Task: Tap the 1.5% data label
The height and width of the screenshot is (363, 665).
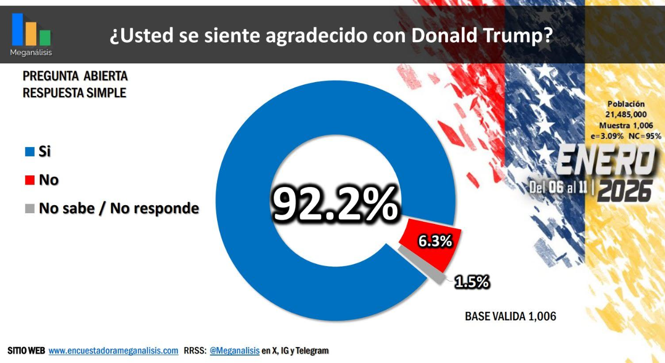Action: (471, 282)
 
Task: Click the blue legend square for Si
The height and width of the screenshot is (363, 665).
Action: (30, 152)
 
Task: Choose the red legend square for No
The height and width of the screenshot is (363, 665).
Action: (30, 180)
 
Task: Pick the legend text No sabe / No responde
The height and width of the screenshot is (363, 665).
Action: (119, 208)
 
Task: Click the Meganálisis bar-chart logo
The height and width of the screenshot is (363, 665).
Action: (31, 30)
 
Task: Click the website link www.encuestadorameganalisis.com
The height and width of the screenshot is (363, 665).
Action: (113, 351)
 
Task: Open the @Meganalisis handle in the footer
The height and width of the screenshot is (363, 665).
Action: (235, 351)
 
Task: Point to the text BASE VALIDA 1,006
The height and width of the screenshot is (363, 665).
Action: (510, 316)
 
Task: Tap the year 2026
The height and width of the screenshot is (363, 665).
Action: (625, 190)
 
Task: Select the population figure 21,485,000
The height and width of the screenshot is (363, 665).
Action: (626, 115)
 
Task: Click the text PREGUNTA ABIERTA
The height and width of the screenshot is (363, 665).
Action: (75, 76)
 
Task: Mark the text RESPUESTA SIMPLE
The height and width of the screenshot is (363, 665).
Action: (74, 93)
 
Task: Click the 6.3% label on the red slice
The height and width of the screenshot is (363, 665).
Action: (435, 241)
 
